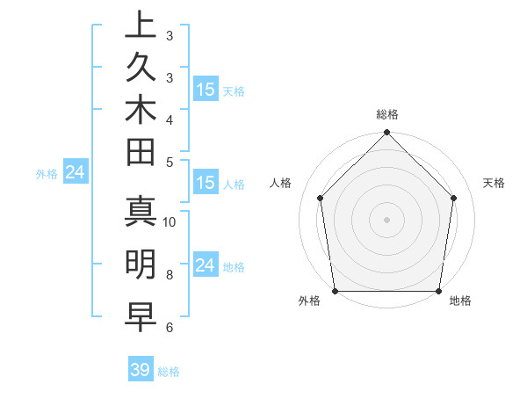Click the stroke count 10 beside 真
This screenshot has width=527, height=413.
pyautogui.click(x=170, y=221)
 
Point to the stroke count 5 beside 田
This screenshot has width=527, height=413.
pyautogui.click(x=170, y=161)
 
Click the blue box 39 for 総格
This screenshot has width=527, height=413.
pyautogui.click(x=141, y=370)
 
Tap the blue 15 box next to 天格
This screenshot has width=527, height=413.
pyautogui.click(x=206, y=90)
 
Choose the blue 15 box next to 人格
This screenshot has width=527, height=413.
pyautogui.click(x=206, y=183)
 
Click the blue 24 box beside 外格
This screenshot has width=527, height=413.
pyautogui.click(x=76, y=172)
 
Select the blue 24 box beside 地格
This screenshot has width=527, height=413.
pyautogui.click(x=206, y=265)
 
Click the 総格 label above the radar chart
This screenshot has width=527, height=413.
pyautogui.click(x=386, y=114)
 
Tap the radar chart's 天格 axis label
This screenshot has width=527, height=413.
pyautogui.click(x=495, y=183)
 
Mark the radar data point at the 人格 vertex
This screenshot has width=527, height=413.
pyautogui.click(x=321, y=198)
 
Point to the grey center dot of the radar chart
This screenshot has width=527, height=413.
pyautogui.click(x=386, y=219)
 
